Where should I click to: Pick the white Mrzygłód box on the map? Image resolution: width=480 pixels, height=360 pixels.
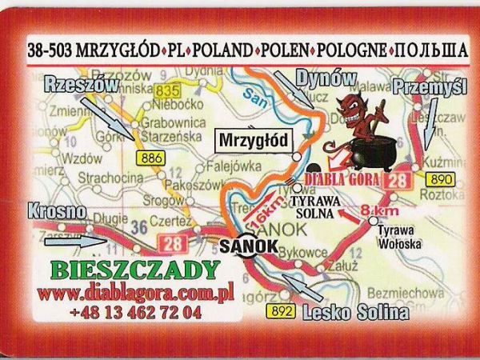[x=251, y=142]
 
